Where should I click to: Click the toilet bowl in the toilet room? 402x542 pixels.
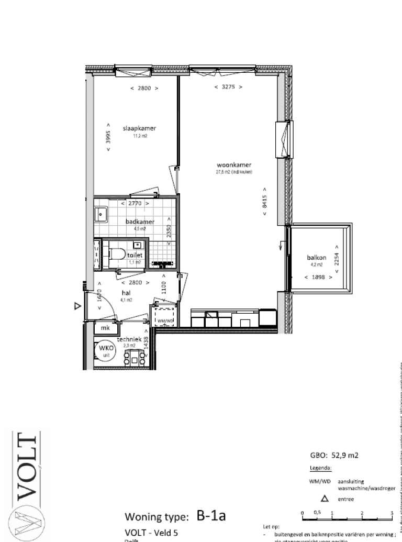click(118, 255)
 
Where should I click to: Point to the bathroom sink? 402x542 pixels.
click(101, 214)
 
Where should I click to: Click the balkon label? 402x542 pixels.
click(317, 258)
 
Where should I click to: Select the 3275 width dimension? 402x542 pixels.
click(228, 87)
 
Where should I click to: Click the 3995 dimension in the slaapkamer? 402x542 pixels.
click(108, 137)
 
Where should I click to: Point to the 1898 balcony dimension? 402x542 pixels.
click(318, 278)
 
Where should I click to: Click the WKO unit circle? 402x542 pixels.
click(100, 350)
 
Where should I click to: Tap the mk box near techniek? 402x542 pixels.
click(105, 328)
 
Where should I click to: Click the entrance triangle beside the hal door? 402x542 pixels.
click(77, 306)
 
